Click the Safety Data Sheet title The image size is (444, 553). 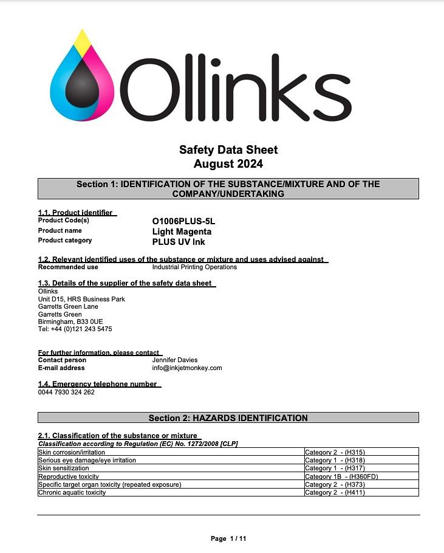(228, 149)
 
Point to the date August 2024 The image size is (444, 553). (228, 164)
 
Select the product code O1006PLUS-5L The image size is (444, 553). (183, 221)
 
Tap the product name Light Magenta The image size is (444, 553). (182, 232)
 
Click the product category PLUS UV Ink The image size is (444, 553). (179, 242)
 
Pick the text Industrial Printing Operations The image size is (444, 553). (194, 267)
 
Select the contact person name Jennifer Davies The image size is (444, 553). (174, 360)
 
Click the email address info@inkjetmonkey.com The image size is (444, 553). (187, 368)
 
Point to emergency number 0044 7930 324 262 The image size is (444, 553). (66, 392)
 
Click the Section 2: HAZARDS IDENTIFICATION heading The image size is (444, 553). (228, 418)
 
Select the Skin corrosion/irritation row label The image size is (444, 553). (72, 452)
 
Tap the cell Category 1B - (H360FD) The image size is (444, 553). (341, 476)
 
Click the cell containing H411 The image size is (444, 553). (335, 492)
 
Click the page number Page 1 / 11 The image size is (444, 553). (228, 538)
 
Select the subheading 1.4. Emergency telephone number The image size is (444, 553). (98, 384)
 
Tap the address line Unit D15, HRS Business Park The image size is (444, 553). (81, 299)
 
